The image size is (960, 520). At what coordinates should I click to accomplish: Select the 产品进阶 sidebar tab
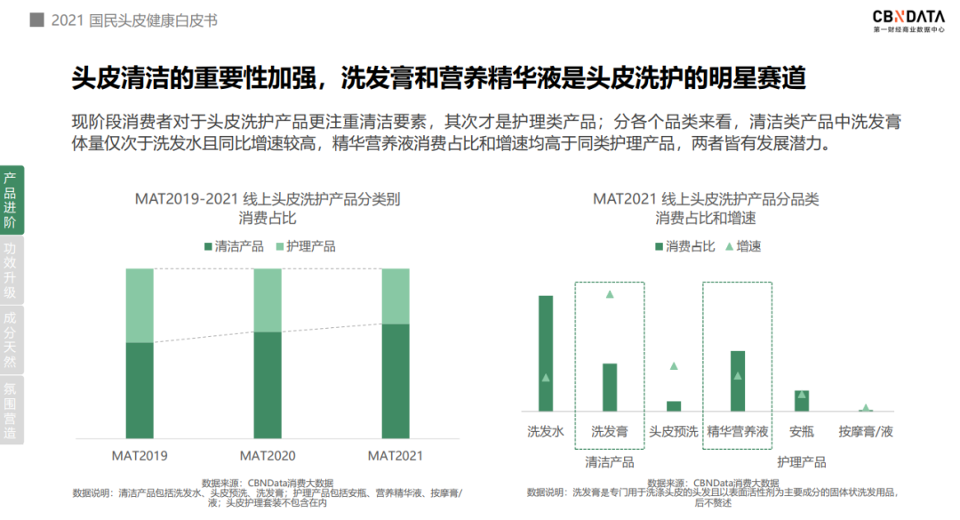click(11, 200)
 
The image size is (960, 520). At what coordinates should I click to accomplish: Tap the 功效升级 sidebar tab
click(11, 270)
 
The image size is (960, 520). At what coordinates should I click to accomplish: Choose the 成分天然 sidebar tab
click(11, 340)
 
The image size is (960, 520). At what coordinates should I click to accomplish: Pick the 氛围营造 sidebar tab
click(11, 410)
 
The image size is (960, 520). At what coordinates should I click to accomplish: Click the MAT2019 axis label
click(140, 455)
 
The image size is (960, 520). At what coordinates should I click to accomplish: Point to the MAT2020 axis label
click(268, 455)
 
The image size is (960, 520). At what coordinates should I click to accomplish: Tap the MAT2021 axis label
click(396, 455)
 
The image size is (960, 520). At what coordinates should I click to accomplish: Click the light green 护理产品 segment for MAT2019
click(140, 305)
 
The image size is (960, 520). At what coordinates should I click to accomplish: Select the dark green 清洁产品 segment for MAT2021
click(396, 380)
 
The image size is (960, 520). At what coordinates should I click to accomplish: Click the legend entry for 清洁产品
click(233, 246)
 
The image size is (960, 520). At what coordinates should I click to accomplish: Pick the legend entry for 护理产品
click(305, 246)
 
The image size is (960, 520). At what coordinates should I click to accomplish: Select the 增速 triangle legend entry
click(743, 246)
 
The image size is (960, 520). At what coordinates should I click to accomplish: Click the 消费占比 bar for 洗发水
click(546, 353)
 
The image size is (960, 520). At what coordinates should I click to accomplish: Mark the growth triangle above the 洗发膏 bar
click(610, 293)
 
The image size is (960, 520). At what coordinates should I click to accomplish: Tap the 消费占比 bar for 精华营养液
click(738, 380)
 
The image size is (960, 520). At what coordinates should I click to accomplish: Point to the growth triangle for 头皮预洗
click(674, 365)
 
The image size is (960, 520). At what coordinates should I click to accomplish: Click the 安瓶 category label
click(802, 432)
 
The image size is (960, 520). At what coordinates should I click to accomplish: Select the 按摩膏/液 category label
click(866, 432)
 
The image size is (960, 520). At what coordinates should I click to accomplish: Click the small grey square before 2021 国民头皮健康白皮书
click(36, 20)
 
